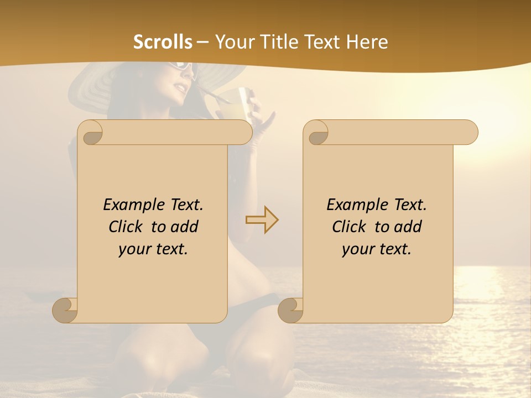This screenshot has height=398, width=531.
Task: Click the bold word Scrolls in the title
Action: point(163,42)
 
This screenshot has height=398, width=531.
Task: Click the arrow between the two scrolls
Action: point(262,220)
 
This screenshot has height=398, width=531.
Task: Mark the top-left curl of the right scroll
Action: point(317,133)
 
